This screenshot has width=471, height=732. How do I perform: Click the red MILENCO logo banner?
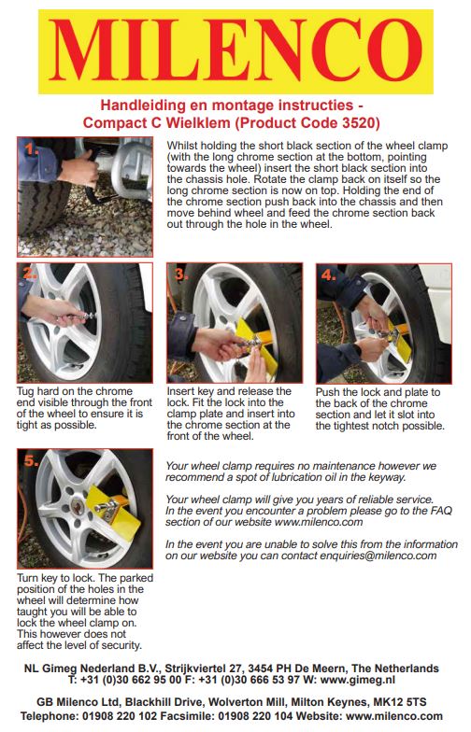coord(235,51)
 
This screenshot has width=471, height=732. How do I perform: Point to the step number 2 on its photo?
coord(30,273)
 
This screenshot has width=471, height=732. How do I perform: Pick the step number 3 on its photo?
coord(180,274)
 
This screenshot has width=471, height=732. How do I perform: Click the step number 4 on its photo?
coord(329,274)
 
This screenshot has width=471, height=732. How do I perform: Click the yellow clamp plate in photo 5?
coord(112,510)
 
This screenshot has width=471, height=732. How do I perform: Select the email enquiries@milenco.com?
coord(378,556)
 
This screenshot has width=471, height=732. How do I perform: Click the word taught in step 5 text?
coord(32,612)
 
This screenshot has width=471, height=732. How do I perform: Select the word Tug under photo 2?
coord(25,392)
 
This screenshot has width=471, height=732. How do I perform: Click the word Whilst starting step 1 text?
coord(181,146)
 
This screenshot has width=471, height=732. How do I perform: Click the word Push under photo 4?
coord(326,392)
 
